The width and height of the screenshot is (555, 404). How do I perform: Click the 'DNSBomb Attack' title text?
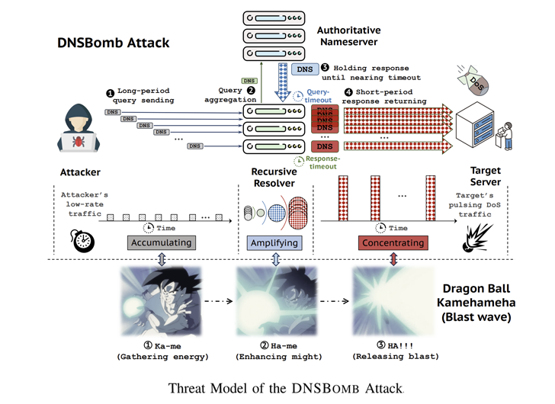(x=112, y=43)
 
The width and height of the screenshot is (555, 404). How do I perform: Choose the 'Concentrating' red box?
(x=392, y=242)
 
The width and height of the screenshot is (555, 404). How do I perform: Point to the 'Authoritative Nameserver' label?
(x=348, y=35)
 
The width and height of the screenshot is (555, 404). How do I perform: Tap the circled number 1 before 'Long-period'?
(x=111, y=92)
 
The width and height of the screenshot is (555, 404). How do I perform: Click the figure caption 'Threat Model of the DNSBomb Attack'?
(x=277, y=386)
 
